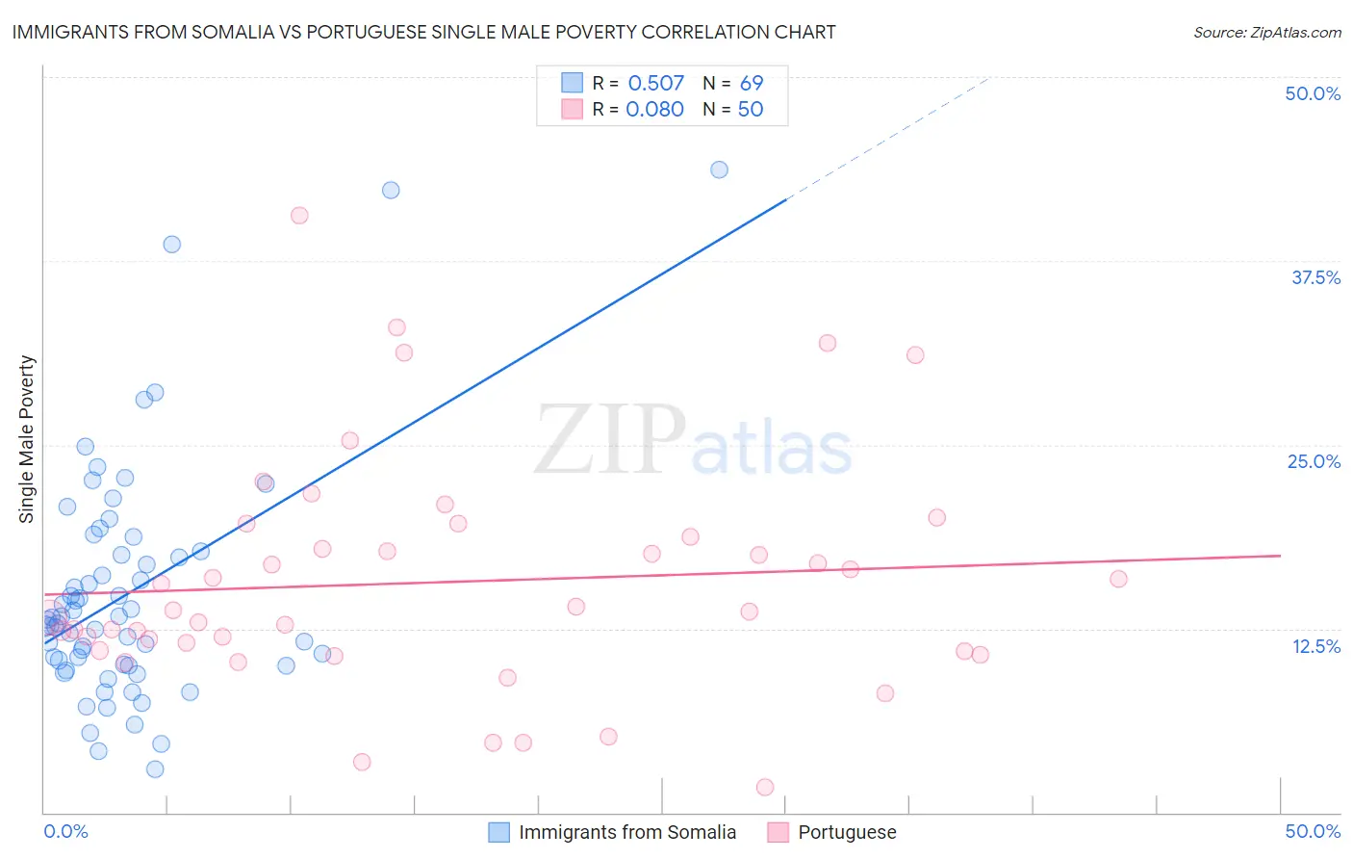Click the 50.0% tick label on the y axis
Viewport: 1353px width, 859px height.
pyautogui.click(x=1313, y=93)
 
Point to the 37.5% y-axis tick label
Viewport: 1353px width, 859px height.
pyautogui.click(x=1315, y=277)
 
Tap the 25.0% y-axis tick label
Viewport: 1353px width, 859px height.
pyautogui.click(x=1314, y=461)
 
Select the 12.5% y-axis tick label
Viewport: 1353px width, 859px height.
pyautogui.click(x=1315, y=646)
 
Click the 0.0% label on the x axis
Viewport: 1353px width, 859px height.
pyautogui.click(x=65, y=831)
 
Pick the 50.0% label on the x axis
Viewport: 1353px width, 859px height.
pyautogui.click(x=1313, y=831)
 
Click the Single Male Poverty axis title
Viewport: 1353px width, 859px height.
pyautogui.click(x=27, y=439)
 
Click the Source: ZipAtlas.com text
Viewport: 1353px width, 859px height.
pyautogui.click(x=1266, y=32)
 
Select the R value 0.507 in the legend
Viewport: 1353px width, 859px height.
pyautogui.click(x=655, y=84)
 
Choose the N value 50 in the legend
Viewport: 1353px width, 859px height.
pyautogui.click(x=750, y=110)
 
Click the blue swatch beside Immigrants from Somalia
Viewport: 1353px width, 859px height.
pyautogui.click(x=498, y=832)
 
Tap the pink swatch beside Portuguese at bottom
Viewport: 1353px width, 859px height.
pyautogui.click(x=778, y=832)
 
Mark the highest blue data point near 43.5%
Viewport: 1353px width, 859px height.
pyautogui.click(x=719, y=169)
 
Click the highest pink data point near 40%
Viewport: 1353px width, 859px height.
pyautogui.click(x=299, y=216)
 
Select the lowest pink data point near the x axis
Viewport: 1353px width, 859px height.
pyautogui.click(x=765, y=787)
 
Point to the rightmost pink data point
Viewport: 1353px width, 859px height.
pyautogui.click(x=1118, y=579)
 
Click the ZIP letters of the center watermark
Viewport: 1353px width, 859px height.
pyautogui.click(x=610, y=440)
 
